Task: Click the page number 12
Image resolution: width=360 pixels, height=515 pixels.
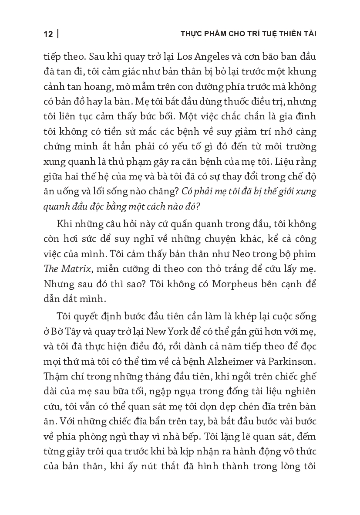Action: point(48,34)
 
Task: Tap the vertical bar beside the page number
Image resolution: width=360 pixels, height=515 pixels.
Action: point(58,34)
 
